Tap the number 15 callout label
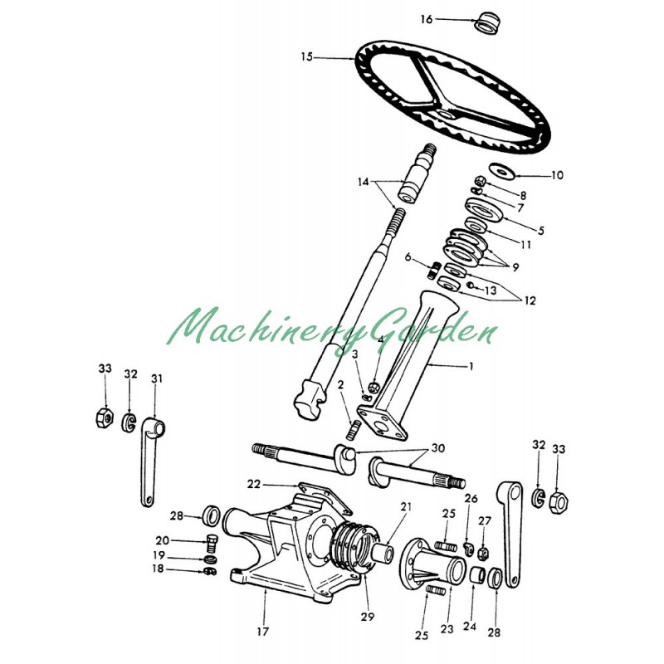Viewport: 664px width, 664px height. pos(307,57)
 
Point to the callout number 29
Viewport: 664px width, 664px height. pos(367,617)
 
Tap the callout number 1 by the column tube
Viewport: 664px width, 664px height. pos(471,365)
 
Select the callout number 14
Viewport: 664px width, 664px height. pos(362,181)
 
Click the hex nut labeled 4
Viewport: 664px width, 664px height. pos(374,387)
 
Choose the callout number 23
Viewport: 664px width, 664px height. pos(447,629)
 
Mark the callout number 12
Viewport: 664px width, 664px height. pos(529,300)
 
